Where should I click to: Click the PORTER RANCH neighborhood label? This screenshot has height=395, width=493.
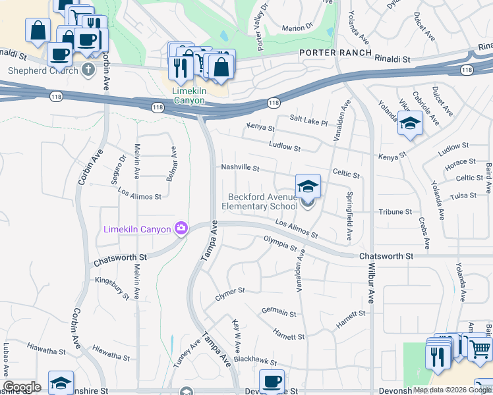[335, 53]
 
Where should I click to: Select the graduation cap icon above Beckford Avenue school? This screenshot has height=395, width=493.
[308, 186]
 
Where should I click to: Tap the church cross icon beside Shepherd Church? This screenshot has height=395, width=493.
[88, 70]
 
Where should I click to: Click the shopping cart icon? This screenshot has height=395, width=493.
[480, 348]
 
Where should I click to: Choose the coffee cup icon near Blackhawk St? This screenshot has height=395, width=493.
[272, 381]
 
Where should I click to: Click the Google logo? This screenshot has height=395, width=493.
[22, 387]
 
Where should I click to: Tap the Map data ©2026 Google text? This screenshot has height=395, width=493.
[452, 390]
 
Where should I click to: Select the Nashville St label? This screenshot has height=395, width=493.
[240, 167]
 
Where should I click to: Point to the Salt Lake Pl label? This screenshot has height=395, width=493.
[308, 120]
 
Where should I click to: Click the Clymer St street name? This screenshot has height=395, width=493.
[230, 294]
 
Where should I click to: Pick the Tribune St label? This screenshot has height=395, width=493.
[395, 212]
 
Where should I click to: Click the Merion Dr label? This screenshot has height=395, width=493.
[297, 28]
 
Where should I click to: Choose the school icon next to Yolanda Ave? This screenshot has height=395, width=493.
[410, 124]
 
